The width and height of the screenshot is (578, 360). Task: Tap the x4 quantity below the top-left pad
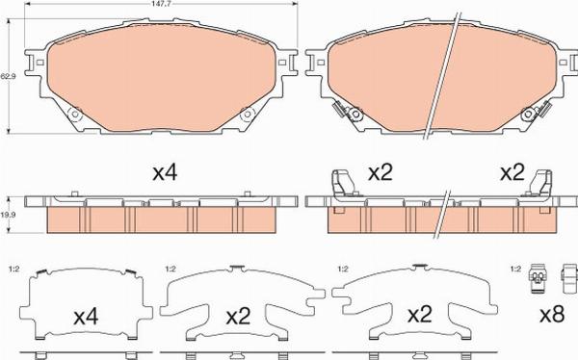point(167,173)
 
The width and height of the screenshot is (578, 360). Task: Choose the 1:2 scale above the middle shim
point(171,269)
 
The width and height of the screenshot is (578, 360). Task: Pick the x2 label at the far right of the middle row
point(512,173)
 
